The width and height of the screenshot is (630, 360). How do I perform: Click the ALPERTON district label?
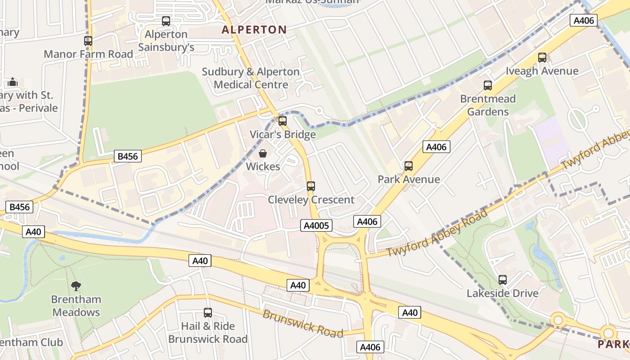[254, 30]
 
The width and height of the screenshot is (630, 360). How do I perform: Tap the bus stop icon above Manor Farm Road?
[88, 41]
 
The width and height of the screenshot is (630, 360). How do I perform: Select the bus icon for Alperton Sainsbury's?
[166, 21]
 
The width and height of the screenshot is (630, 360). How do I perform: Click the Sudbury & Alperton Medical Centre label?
[251, 78]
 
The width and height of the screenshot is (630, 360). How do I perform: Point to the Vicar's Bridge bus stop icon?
[283, 121]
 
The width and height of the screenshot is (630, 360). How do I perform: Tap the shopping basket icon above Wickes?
[263, 154]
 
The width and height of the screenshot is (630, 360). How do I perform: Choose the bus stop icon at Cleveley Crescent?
[311, 186]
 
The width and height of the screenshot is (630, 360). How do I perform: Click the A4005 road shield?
[317, 225]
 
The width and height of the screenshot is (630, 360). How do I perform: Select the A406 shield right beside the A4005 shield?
[367, 221]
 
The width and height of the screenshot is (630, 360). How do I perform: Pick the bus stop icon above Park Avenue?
[409, 166]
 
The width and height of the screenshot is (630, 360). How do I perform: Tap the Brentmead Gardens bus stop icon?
[488, 85]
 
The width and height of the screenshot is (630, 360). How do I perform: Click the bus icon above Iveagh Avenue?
[542, 58]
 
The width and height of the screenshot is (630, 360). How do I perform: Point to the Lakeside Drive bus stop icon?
[503, 280]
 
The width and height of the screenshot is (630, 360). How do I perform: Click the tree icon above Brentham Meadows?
[76, 286]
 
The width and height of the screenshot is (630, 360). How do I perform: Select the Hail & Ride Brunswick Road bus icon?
[208, 313]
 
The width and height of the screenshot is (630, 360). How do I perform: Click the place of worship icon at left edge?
[13, 82]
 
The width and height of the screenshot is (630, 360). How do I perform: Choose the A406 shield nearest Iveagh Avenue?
[584, 20]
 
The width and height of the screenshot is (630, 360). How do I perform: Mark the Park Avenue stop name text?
[409, 179]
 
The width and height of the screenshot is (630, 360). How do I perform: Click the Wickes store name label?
[263, 166]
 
